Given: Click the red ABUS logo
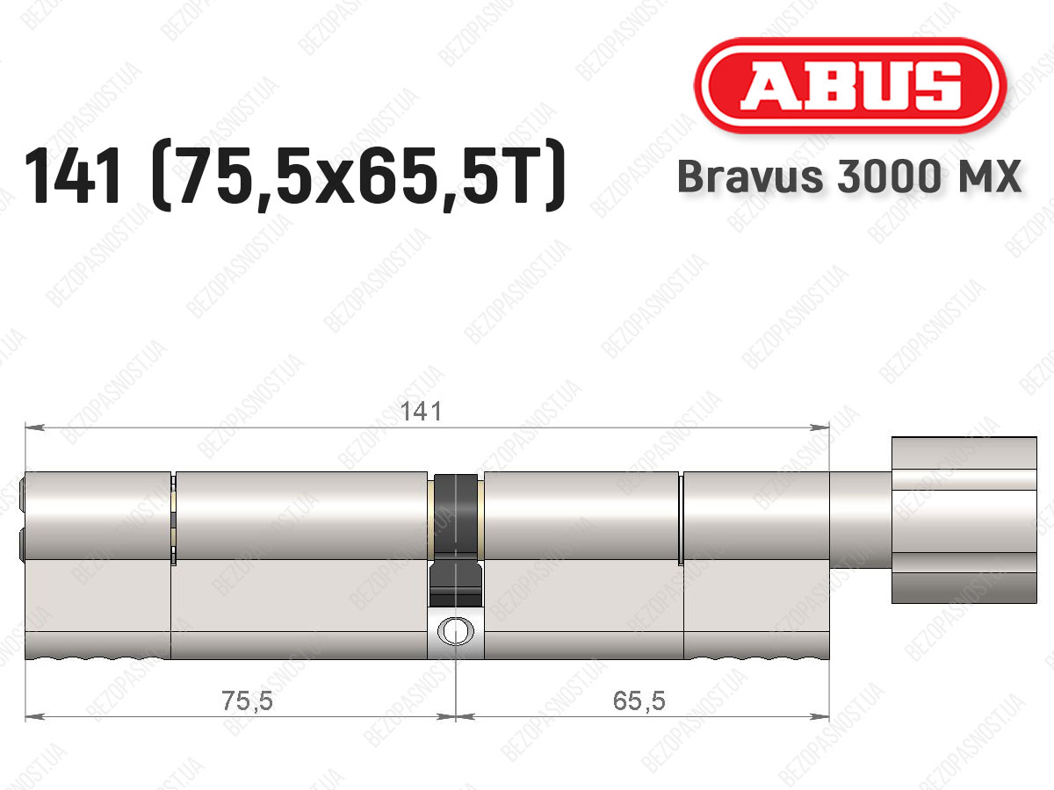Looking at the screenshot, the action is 850,85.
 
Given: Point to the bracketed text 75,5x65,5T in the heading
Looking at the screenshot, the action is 357,176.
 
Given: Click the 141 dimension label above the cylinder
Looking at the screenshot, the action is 421,412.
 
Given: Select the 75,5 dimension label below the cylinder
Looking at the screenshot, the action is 247,700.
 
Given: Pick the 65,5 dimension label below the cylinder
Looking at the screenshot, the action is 639,700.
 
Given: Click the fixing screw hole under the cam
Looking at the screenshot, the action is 455,631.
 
